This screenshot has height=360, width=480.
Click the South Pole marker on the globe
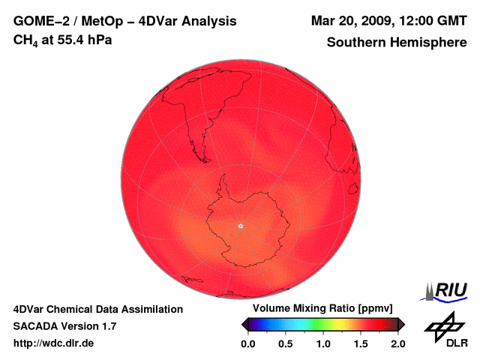(x=240, y=226)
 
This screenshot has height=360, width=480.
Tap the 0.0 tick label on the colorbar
(x=248, y=343)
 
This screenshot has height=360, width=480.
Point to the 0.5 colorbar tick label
(x=286, y=343)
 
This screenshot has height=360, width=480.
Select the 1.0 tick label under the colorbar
(x=323, y=343)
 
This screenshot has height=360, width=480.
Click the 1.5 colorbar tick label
(x=361, y=343)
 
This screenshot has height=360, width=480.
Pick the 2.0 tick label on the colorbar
(x=397, y=343)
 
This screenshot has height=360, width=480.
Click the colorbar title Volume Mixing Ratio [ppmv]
(x=317, y=308)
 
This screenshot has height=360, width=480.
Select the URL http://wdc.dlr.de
(x=54, y=343)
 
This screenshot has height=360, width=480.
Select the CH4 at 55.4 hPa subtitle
(x=63, y=40)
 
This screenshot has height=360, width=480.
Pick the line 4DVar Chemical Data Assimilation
(x=98, y=309)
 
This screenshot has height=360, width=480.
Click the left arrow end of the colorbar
(x=244, y=324)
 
